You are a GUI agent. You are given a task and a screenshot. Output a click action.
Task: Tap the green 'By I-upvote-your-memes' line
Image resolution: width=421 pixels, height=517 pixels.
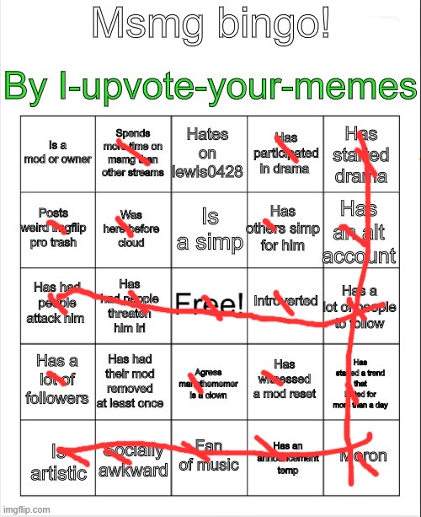(210, 87)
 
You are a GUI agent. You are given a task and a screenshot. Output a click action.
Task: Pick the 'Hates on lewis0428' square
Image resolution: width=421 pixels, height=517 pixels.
(208, 154)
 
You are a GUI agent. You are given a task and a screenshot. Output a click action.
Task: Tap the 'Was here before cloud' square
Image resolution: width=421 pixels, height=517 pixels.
(131, 229)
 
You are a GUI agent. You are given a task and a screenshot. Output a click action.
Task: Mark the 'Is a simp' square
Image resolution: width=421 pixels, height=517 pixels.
(208, 229)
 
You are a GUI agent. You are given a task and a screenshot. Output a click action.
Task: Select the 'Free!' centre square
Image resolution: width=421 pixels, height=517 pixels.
(208, 304)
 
